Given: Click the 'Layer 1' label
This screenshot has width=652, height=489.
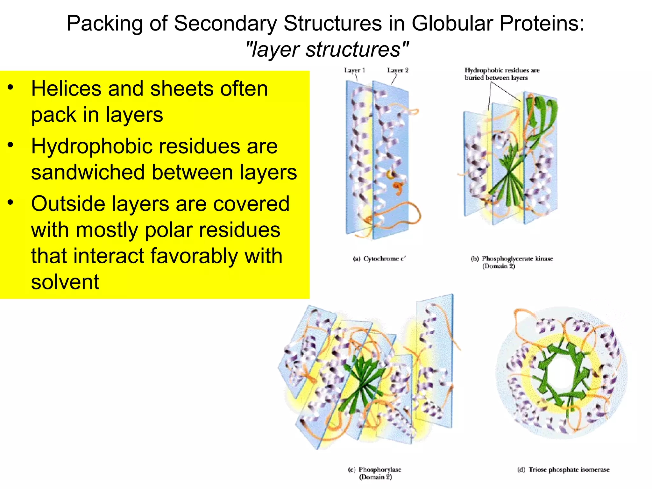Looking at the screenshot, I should click(354, 70).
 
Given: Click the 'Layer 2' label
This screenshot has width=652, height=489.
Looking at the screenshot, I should click(398, 70).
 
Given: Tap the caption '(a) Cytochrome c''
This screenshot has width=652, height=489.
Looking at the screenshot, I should click(379, 259).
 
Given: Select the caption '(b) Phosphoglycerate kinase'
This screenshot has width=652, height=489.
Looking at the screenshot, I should click(512, 259).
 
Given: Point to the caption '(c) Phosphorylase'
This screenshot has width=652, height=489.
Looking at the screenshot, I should click(375, 470).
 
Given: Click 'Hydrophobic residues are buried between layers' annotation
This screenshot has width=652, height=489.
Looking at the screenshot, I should click(502, 74).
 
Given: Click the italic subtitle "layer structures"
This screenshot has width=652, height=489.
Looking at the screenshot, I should click(327, 50).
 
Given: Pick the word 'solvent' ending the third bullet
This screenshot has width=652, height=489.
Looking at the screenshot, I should click(65, 282).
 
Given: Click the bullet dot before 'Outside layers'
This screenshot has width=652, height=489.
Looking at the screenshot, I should click(11, 202).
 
